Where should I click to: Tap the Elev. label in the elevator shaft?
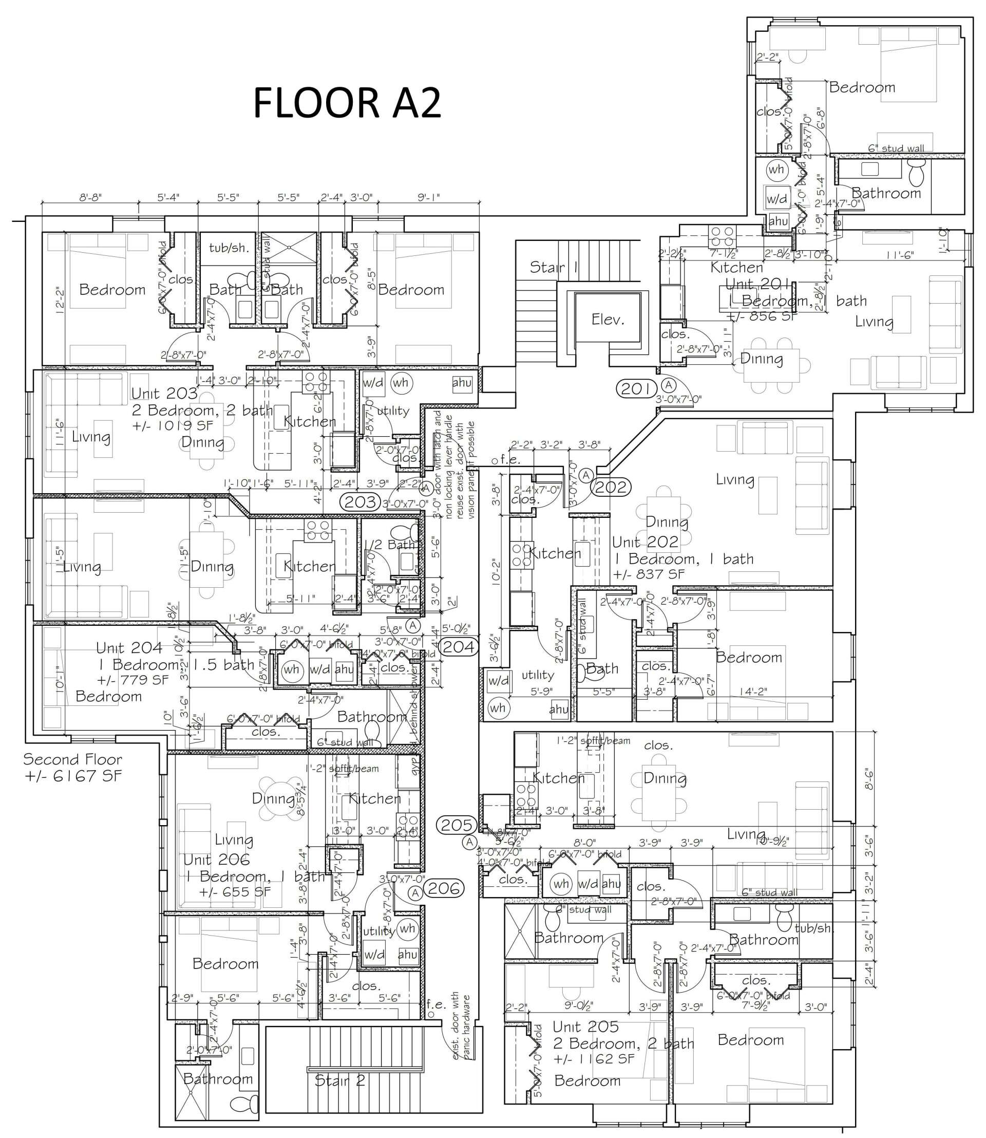click(608, 320)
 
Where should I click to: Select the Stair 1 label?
click(554, 268)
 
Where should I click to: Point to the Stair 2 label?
click(339, 1081)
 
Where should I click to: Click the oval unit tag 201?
click(636, 389)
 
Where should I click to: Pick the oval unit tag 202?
click(611, 487)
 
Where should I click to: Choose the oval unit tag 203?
click(361, 502)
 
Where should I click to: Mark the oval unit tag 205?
click(457, 825)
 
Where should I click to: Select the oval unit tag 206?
click(445, 889)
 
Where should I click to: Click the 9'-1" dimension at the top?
click(429, 197)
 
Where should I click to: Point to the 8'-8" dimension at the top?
click(91, 197)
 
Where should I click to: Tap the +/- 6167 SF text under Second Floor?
click(73, 776)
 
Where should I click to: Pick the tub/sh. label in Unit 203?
click(229, 248)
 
